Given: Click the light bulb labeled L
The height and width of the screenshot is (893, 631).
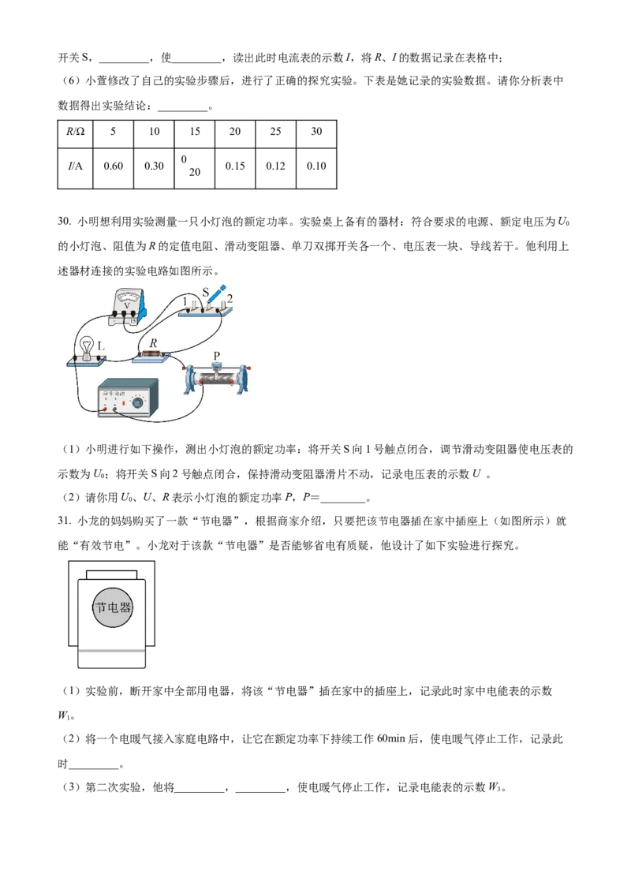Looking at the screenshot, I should [85, 349].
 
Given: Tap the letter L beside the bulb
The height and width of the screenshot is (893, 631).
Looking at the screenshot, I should [100, 346].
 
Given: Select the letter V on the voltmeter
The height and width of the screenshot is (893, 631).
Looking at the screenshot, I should [126, 305].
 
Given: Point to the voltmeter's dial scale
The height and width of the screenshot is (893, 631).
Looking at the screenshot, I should [125, 296].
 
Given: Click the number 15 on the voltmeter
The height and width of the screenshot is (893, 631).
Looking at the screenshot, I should [133, 321].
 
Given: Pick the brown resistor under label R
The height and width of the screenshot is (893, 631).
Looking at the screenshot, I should [152, 354].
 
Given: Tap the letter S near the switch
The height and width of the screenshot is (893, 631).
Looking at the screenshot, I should [205, 293].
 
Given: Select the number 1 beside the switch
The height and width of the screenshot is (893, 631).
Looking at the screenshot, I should [185, 301].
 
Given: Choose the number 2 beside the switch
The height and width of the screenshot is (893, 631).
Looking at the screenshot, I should [230, 301].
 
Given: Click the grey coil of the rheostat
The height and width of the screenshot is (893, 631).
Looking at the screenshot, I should [216, 379].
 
